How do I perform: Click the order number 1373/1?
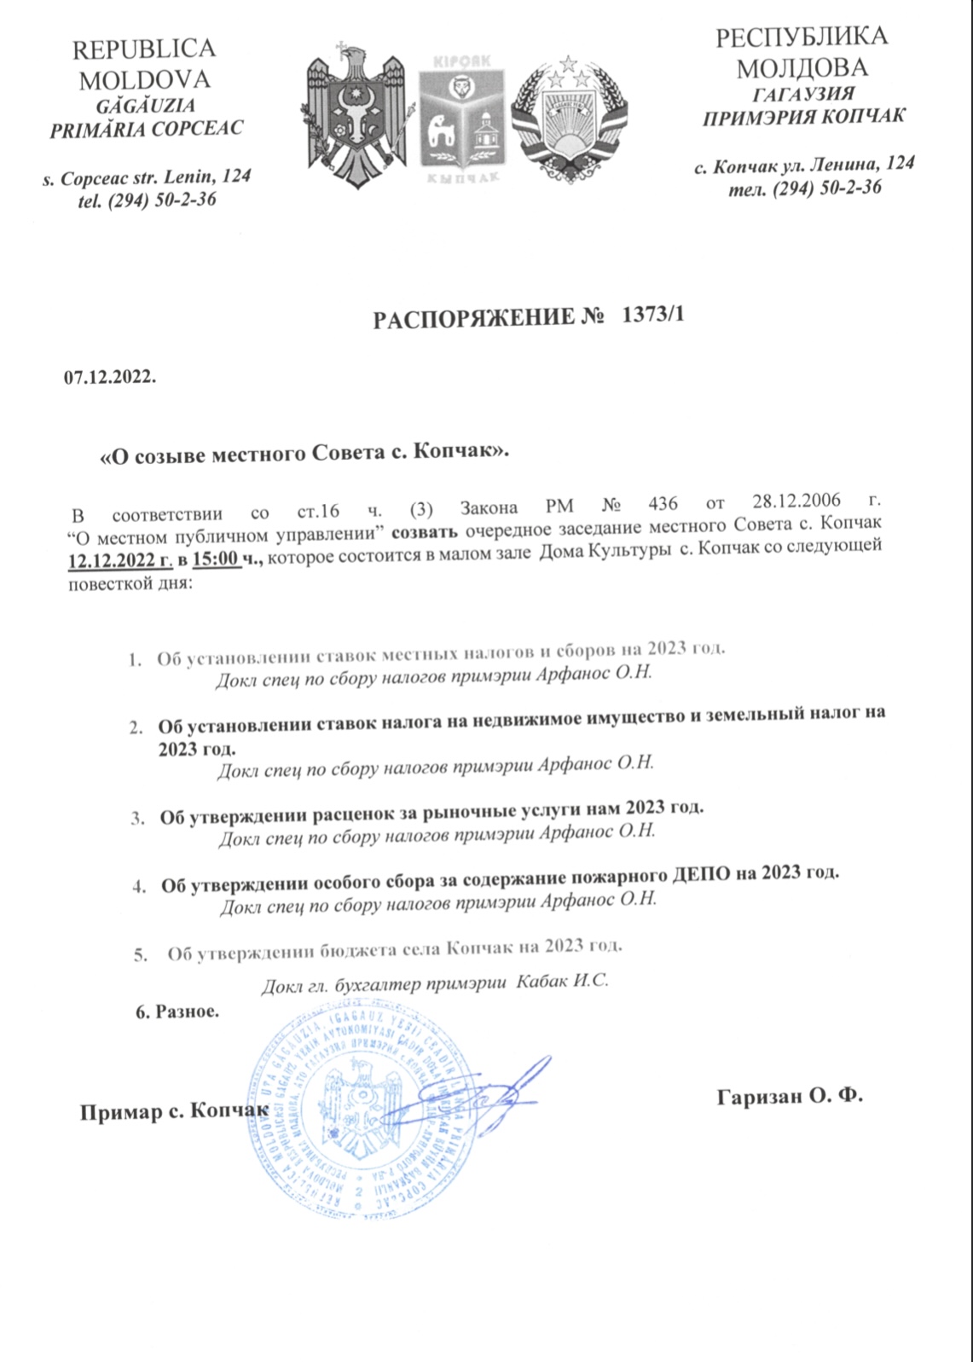[654, 316]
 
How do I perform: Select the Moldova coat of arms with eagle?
[353, 115]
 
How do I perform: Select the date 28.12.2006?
[796, 501]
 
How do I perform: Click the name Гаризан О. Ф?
[790, 1096]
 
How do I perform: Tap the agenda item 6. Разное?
[177, 1012]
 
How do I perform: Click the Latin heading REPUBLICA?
[143, 49]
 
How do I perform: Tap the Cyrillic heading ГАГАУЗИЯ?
[803, 94]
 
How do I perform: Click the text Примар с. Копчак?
[174, 1111]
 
